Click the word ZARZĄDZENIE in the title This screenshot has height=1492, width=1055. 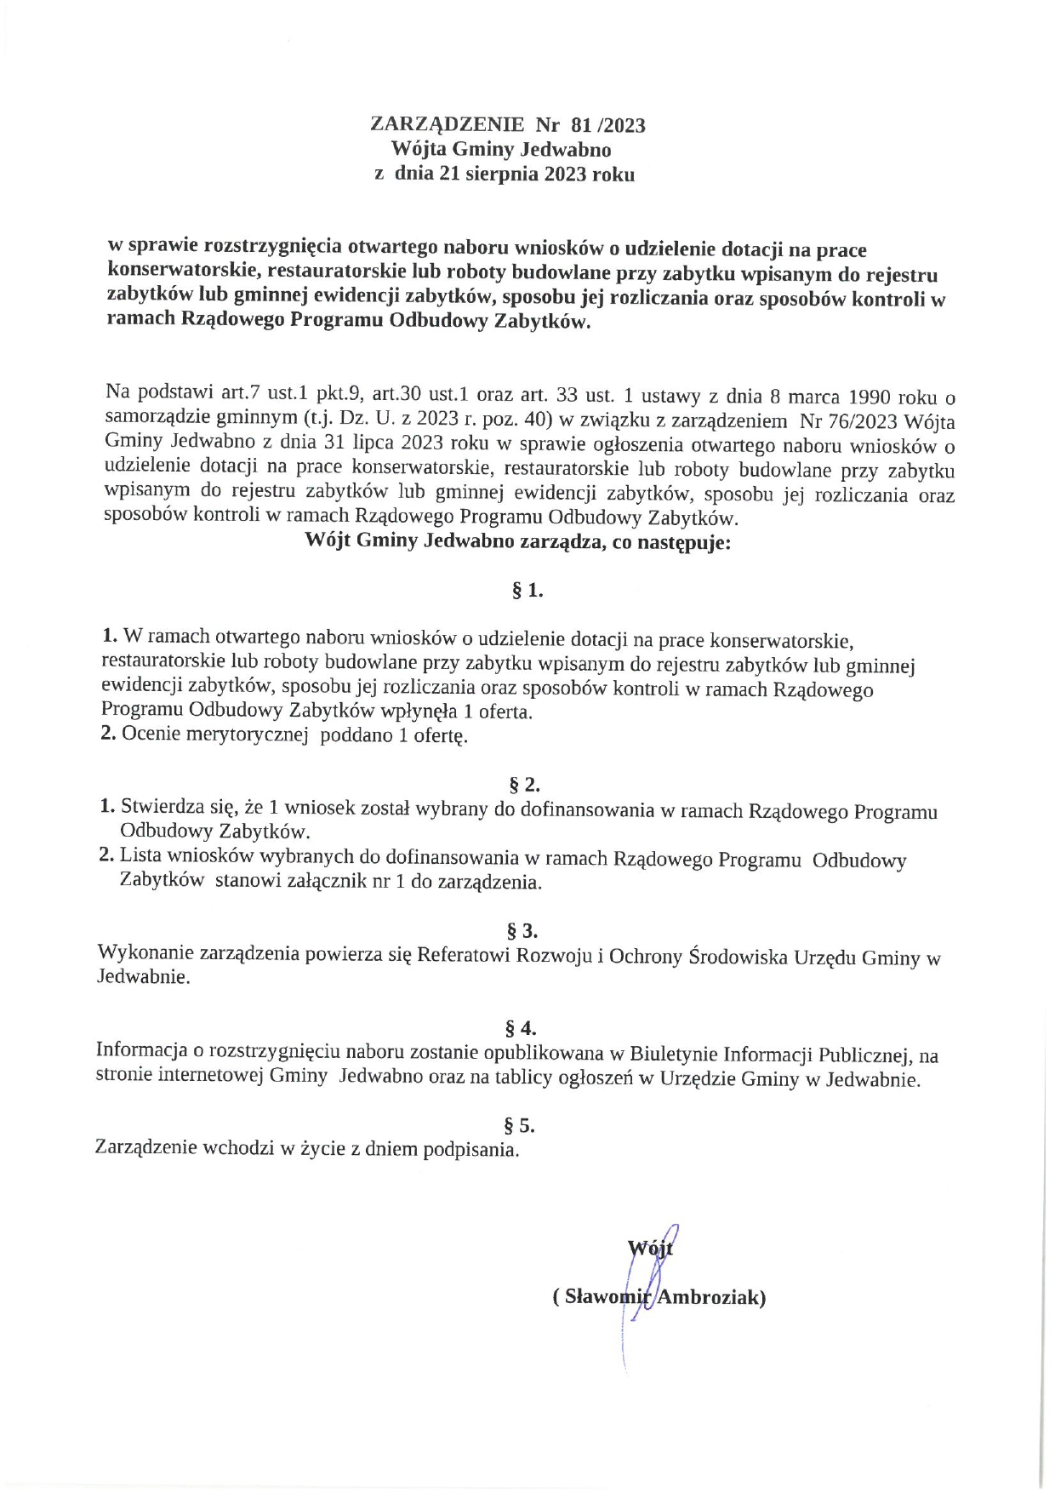448,124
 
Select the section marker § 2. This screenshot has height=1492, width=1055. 524,784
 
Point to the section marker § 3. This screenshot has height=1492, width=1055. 522,929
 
